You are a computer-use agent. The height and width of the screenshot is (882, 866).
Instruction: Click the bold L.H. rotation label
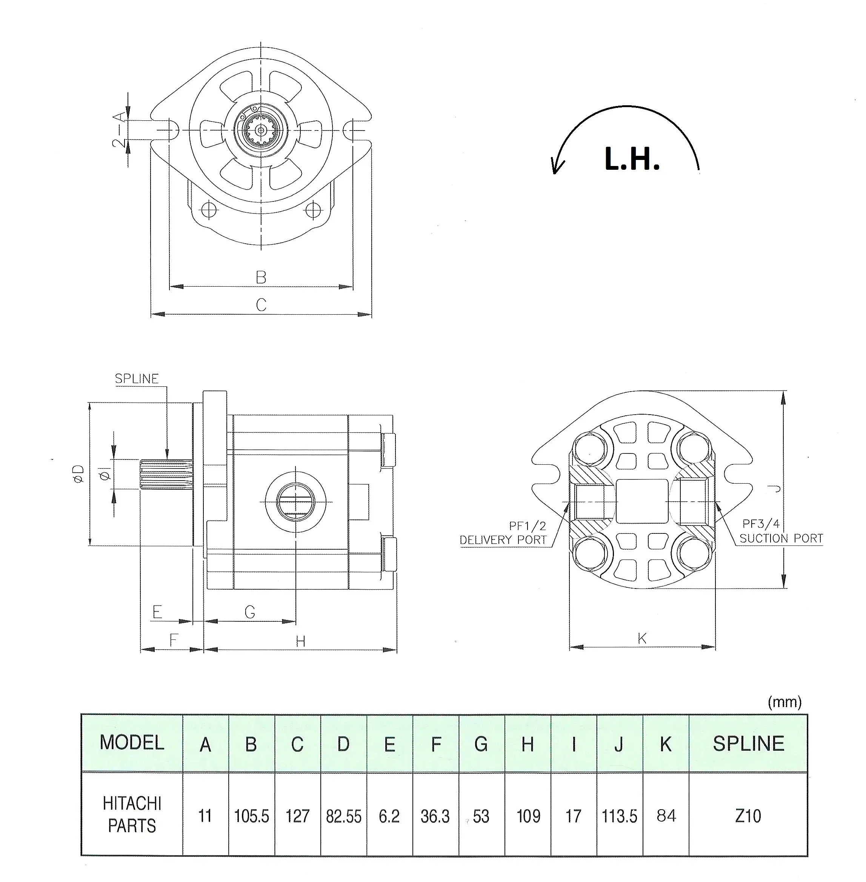[632, 160]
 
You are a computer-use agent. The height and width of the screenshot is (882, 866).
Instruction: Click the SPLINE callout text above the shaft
[137, 379]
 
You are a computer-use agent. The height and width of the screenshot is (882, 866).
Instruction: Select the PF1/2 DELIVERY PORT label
[503, 533]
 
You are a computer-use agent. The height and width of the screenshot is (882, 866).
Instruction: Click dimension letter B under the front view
[261, 277]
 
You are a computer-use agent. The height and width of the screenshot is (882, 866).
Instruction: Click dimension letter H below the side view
[300, 641]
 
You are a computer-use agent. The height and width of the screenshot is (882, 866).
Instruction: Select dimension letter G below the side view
[250, 612]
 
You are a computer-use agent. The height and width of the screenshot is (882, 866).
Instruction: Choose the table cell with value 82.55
[343, 816]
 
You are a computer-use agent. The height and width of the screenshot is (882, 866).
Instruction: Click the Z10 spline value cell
[748, 816]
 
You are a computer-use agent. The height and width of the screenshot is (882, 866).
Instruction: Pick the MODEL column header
[132, 743]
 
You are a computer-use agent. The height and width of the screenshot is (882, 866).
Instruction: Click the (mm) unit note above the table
[784, 702]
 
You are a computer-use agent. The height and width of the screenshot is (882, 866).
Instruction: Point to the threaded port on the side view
[295, 502]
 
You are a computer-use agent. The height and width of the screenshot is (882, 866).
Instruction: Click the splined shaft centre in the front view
[261, 131]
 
